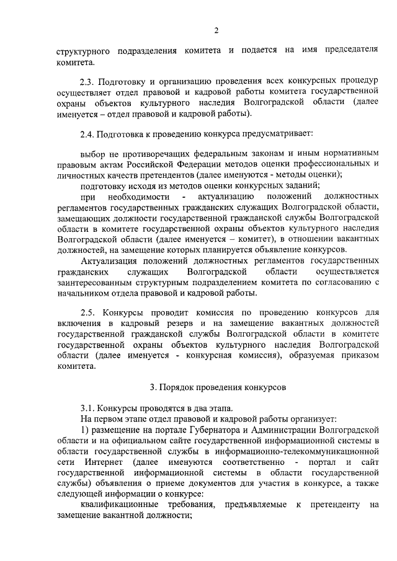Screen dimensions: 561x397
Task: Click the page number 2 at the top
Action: point(216,30)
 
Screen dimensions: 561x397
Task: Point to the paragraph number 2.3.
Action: point(89,81)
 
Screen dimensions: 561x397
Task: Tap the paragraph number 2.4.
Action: point(89,133)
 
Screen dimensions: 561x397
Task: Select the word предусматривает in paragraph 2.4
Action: point(277,133)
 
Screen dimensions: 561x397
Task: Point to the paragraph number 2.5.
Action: point(89,312)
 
